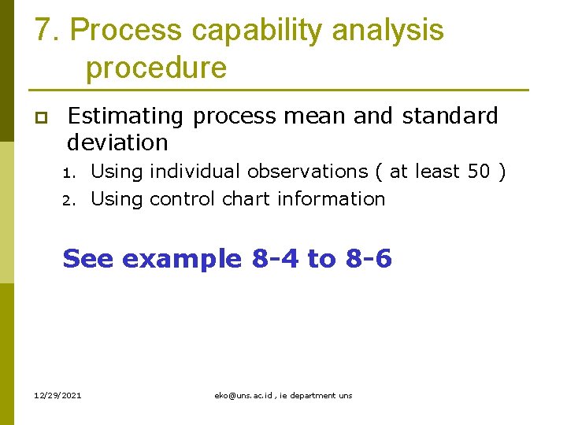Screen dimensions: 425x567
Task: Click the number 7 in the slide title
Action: pyautogui.click(x=44, y=31)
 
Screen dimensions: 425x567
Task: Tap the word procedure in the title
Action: pyautogui.click(x=156, y=68)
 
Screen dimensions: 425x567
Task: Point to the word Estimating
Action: pyautogui.click(x=125, y=116)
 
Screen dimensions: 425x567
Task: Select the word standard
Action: pyautogui.click(x=450, y=116)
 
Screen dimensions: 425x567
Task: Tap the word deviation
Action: pyautogui.click(x=117, y=142)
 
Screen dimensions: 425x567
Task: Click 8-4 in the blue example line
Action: pyautogui.click(x=275, y=258)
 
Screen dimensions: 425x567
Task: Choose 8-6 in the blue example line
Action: pyautogui.click(x=368, y=258)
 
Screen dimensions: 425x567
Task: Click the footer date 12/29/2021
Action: pyautogui.click(x=58, y=395)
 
